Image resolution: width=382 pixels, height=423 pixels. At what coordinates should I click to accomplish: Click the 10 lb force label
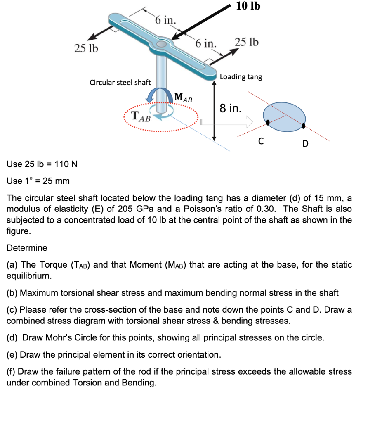pos(248,6)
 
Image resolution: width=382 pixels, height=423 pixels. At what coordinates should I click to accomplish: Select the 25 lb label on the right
pos(247,42)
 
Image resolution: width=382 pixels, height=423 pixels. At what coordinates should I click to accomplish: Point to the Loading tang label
pos(241,77)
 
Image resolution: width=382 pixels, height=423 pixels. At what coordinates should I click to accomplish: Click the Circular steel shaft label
pos(120,82)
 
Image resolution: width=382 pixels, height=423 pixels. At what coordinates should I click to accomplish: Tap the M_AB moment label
pos(183,98)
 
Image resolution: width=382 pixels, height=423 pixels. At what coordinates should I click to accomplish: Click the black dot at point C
pos(268,122)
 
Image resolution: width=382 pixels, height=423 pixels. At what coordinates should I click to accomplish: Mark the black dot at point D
pos(304,126)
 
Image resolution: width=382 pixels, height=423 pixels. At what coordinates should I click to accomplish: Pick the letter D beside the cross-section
pos(305,144)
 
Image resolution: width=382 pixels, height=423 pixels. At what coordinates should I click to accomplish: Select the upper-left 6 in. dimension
pos(165,20)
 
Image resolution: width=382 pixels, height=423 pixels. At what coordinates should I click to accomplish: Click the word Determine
pos(27,248)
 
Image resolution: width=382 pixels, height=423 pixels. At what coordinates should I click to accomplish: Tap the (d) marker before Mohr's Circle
pos(13,337)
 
